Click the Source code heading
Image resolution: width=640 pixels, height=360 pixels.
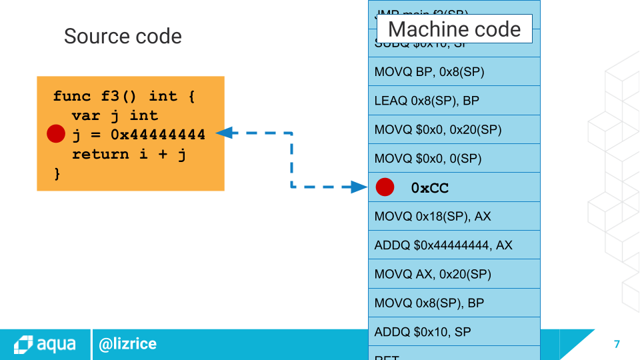[x=123, y=36]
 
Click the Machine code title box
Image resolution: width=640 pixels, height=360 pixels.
[x=454, y=29]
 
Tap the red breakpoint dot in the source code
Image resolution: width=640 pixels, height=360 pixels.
[x=56, y=135]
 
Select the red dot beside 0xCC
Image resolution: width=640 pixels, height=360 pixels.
[x=385, y=187]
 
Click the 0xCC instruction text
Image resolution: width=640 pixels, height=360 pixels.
[x=430, y=188]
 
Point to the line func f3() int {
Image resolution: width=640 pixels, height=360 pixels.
[x=124, y=96]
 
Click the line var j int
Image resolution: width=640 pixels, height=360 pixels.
[x=115, y=115]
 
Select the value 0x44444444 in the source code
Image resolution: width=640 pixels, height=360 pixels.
[x=157, y=135]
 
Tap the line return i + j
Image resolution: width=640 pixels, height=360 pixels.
[x=129, y=154]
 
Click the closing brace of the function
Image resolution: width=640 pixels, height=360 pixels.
[x=57, y=173]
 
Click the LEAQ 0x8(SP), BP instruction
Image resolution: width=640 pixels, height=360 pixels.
[x=427, y=101]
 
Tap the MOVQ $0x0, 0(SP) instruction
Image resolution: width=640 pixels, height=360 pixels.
[x=428, y=159]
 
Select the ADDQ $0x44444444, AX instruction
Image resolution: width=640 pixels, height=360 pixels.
[x=443, y=245]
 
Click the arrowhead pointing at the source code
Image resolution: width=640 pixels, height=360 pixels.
[x=224, y=133]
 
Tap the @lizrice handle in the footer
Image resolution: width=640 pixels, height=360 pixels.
[x=127, y=344]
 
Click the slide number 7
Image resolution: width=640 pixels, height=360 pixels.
[x=617, y=344]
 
